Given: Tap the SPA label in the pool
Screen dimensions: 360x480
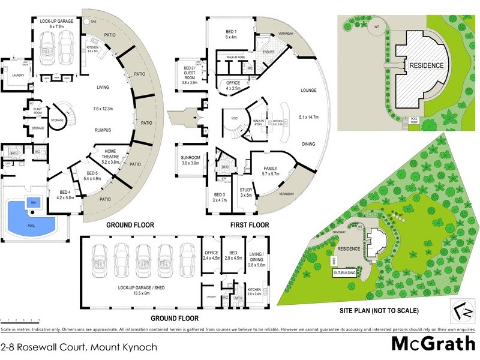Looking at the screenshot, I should tap(33, 203).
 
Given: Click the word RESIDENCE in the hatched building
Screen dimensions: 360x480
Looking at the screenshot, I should tap(427, 65).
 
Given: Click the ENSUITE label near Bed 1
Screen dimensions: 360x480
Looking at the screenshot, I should tap(268, 52).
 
